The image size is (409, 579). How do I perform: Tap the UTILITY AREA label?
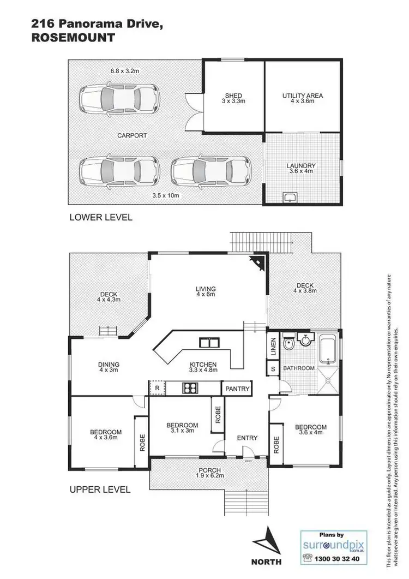tap(302, 95)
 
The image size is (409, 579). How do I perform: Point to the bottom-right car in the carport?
tap(212, 171)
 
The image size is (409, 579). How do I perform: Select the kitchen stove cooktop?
tap(190, 389)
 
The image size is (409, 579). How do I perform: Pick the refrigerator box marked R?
tap(157, 388)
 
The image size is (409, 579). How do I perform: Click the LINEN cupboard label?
tap(273, 348)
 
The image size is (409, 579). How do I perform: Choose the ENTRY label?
tap(246, 438)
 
